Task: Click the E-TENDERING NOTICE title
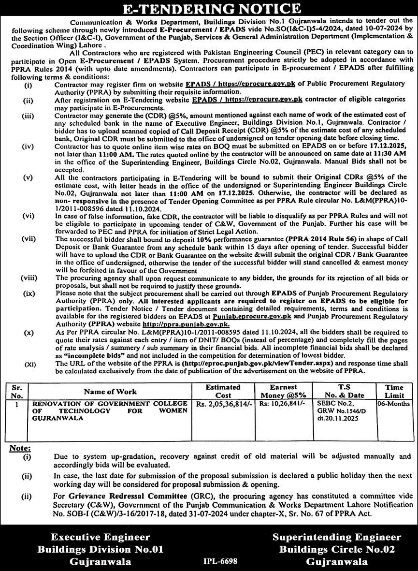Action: click(209, 8)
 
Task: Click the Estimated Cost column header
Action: click(223, 391)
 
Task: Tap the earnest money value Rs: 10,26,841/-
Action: click(282, 403)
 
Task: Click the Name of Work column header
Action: click(110, 392)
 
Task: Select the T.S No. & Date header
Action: click(344, 391)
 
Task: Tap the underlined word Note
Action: click(20, 448)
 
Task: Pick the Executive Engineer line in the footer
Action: click(101, 537)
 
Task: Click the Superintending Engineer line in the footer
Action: click(336, 537)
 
